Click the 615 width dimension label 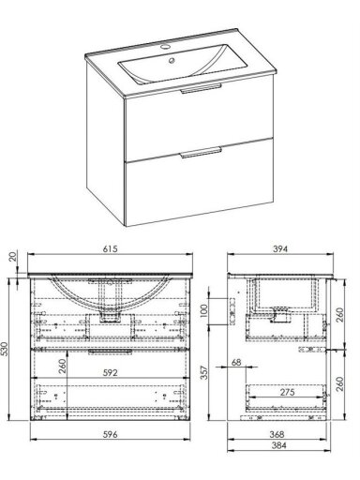point(110,249)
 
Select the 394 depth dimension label point(280,249)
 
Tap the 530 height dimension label point(5,349)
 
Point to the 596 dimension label point(111,434)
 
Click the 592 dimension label point(111,373)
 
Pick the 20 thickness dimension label point(13,257)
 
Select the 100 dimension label point(203,311)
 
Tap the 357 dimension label point(203,372)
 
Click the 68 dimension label point(236,363)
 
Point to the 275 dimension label point(287,392)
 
